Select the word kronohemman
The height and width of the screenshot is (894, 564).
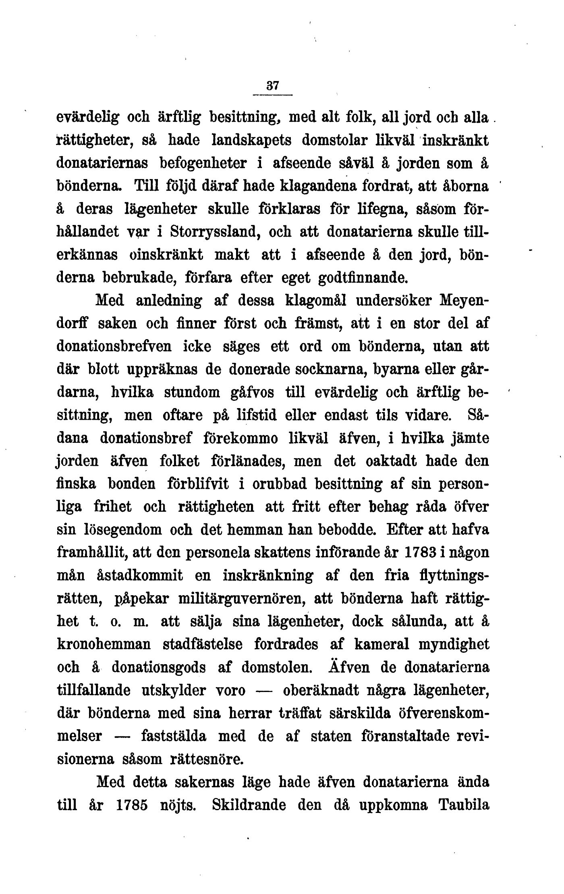[104, 644]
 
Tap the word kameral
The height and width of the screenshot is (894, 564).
[382, 644]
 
